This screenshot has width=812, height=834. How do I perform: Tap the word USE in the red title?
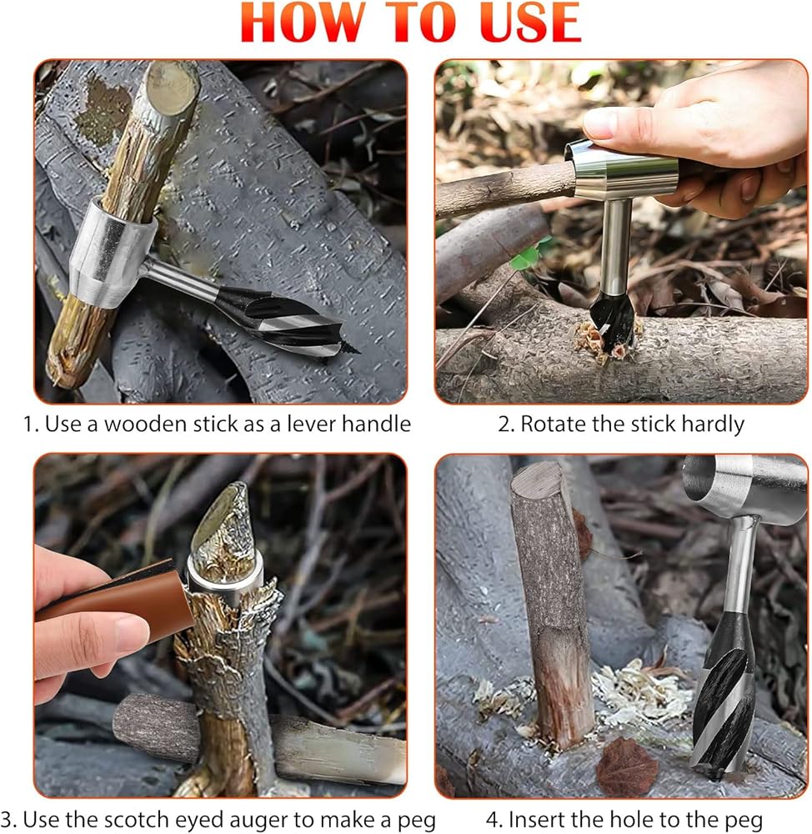coord(530,23)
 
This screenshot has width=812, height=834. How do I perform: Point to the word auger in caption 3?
coord(286,821)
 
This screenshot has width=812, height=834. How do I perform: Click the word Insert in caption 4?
coord(539,820)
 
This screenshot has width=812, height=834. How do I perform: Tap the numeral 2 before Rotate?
coord(504,425)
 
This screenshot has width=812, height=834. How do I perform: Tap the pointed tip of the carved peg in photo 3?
coord(238,485)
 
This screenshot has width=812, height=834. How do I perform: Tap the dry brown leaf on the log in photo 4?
coord(628,766)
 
